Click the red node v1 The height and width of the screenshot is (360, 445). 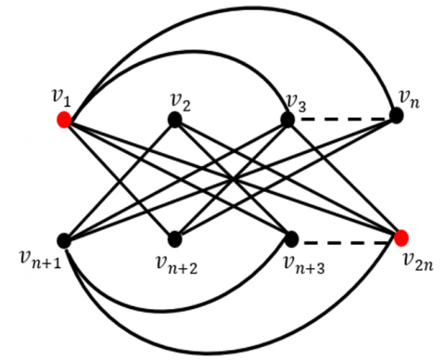[x=64, y=120]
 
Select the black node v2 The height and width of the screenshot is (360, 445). [x=173, y=119]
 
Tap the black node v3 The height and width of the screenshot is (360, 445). [x=287, y=119]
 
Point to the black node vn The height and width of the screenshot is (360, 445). [x=397, y=115]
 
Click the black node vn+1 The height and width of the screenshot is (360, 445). [x=64, y=239]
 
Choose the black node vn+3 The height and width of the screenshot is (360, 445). [x=291, y=238]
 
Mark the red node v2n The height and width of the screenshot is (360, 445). [x=400, y=238]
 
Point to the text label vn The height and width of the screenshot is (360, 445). [x=409, y=96]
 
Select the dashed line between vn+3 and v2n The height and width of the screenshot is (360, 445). [x=346, y=239]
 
